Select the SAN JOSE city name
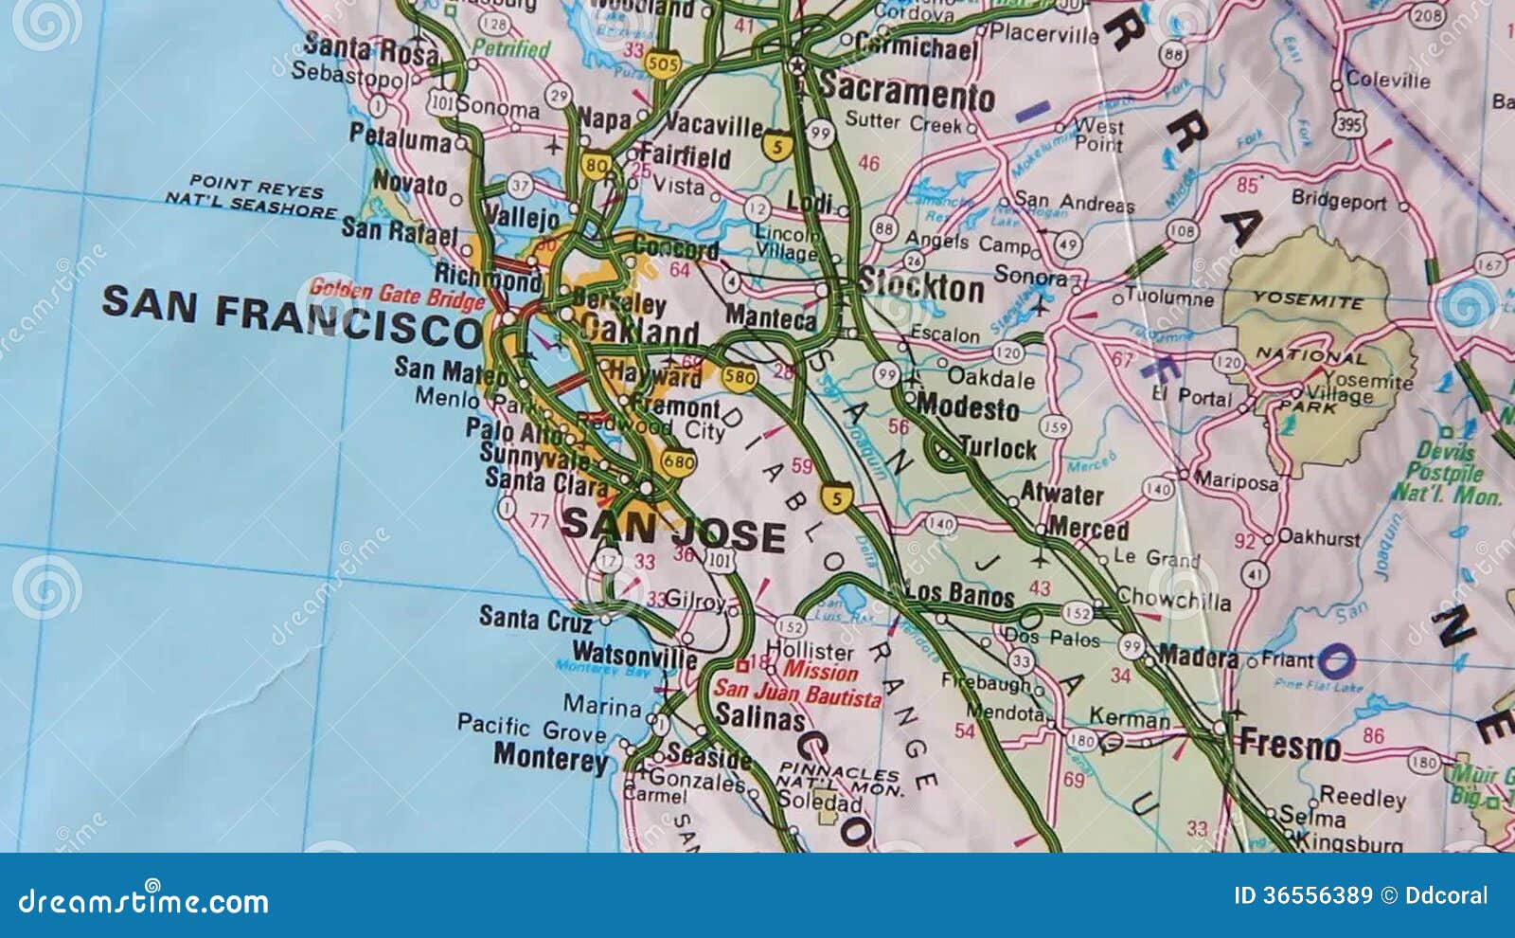673,531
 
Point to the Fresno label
1290,746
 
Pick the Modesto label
967,407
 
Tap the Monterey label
551,758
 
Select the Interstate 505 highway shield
663,64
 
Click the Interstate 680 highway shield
679,462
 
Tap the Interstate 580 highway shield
739,377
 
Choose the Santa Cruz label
535,619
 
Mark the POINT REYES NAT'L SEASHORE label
252,196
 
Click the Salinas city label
759,717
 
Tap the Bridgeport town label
1338,200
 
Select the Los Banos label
959,594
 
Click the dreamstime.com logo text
143,901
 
